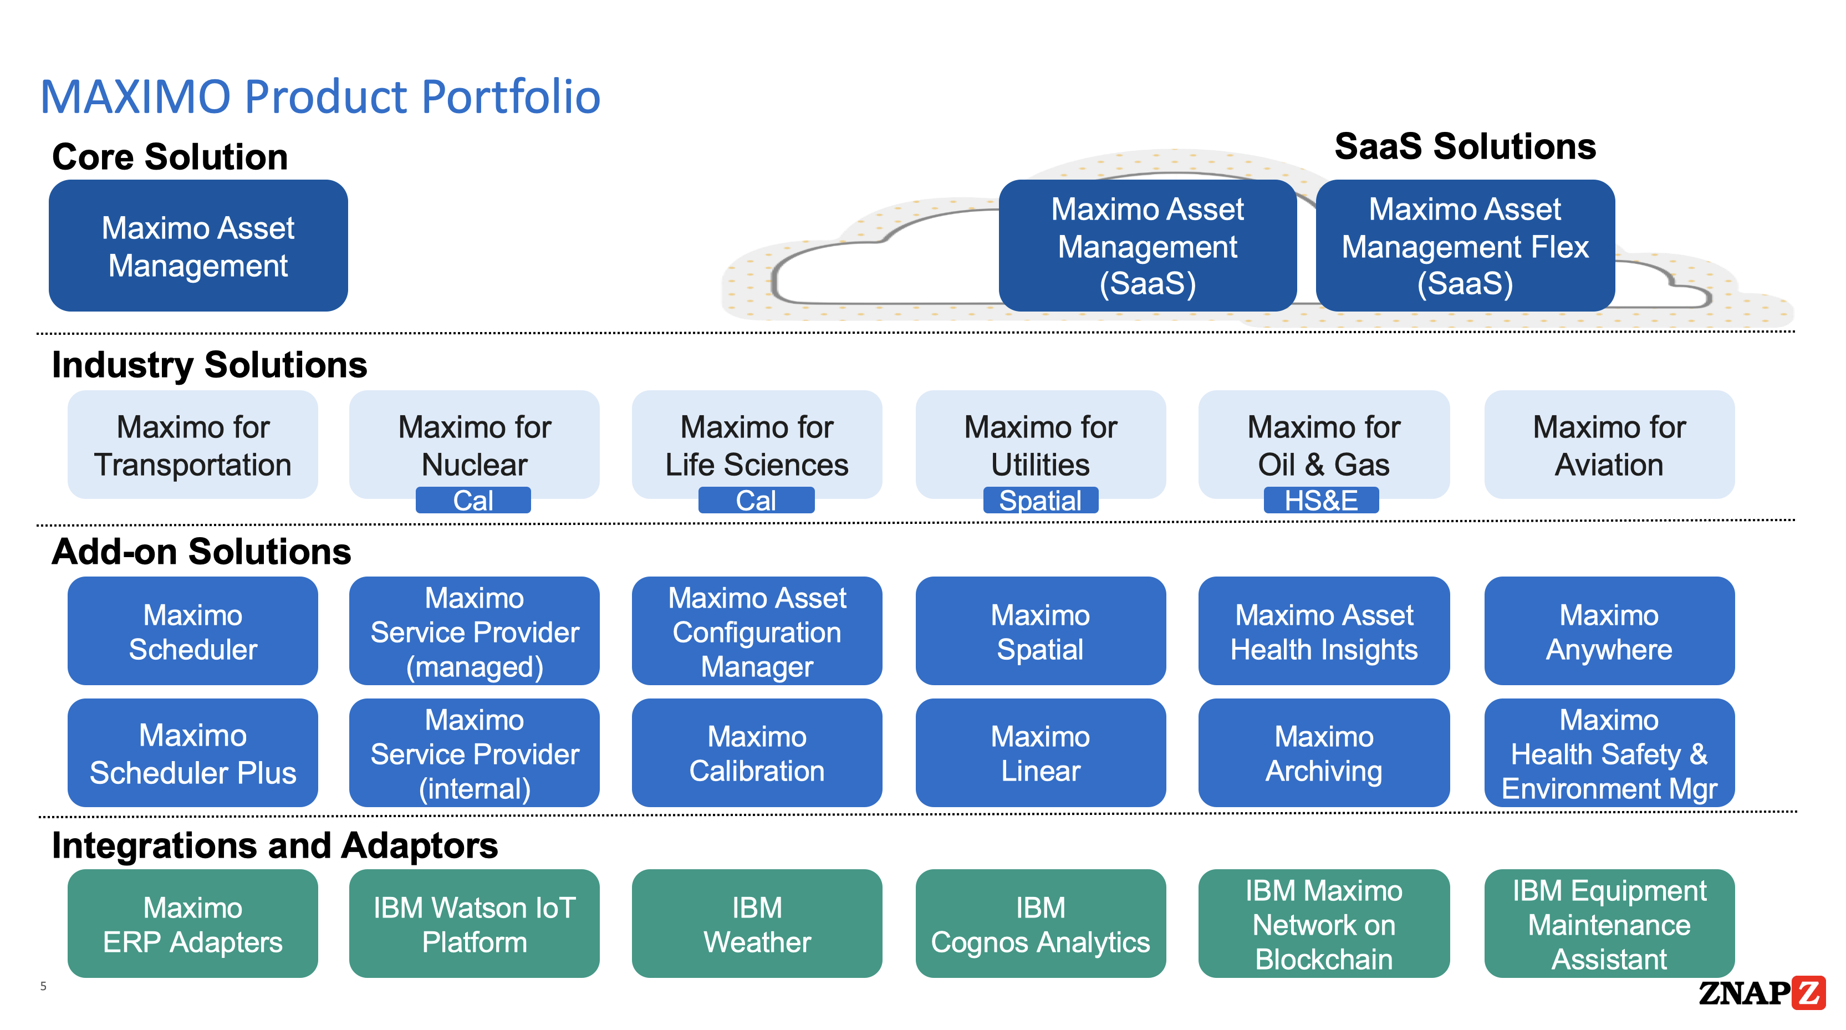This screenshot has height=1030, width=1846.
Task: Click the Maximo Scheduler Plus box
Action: coord(193,753)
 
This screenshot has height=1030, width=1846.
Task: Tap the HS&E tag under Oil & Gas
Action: coord(1320,500)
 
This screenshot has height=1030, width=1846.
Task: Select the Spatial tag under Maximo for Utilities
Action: coord(1040,500)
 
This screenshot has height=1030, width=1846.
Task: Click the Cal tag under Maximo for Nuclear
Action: coord(473,500)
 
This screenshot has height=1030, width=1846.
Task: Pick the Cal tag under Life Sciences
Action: coord(756,500)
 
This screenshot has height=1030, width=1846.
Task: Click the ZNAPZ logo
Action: coord(1761,993)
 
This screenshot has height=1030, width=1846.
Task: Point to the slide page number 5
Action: coord(43,986)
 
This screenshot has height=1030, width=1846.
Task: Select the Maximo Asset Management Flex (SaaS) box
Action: coord(1465,246)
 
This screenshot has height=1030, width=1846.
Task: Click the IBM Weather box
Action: coord(757,924)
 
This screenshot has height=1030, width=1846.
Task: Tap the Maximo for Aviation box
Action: coord(1609,445)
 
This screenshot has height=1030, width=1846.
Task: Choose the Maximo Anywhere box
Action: coord(1609,631)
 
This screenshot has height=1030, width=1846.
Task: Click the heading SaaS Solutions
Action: coord(1465,147)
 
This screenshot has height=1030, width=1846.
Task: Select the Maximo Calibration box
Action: coord(757,753)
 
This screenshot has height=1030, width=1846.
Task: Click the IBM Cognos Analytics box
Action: coord(1040,924)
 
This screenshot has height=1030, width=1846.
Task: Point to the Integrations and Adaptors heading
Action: coord(274,846)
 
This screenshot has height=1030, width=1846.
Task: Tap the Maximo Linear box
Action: coord(1040,753)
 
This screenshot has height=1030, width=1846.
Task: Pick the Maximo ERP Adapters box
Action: coord(193,924)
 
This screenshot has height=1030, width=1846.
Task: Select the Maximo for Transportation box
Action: coord(193,445)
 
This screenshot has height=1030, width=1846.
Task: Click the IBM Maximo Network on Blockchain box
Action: coord(1324,924)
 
